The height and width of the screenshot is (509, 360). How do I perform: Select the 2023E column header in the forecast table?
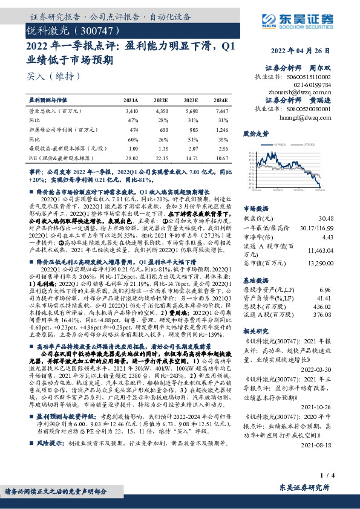(x=192, y=100)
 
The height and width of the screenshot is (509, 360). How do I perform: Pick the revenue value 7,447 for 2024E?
(x=222, y=112)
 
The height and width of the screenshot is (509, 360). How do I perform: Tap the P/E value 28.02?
(x=131, y=157)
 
